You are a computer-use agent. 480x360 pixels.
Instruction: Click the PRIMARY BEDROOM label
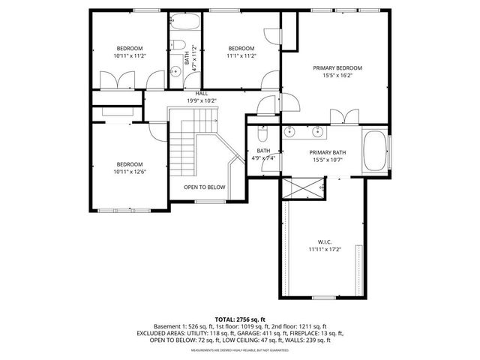coord(337,67)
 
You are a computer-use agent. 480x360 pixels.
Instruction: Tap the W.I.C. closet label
coord(324,241)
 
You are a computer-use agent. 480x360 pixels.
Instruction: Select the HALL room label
coord(201,93)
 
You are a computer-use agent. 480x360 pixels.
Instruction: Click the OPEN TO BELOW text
coord(205,187)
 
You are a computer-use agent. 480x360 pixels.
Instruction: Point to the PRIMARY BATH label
coord(327,152)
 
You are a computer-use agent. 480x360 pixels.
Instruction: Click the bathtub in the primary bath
coord(375,152)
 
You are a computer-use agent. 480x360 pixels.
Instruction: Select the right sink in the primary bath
coord(319,133)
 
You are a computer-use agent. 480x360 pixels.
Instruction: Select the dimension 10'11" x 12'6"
coord(129,172)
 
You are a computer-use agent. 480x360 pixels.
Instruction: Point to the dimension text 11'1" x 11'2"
coord(241,55)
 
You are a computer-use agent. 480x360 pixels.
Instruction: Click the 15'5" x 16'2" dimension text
coord(337,76)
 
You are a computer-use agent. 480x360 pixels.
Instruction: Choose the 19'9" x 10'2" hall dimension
coord(201,100)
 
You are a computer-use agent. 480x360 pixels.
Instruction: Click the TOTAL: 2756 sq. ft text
coord(240,319)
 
